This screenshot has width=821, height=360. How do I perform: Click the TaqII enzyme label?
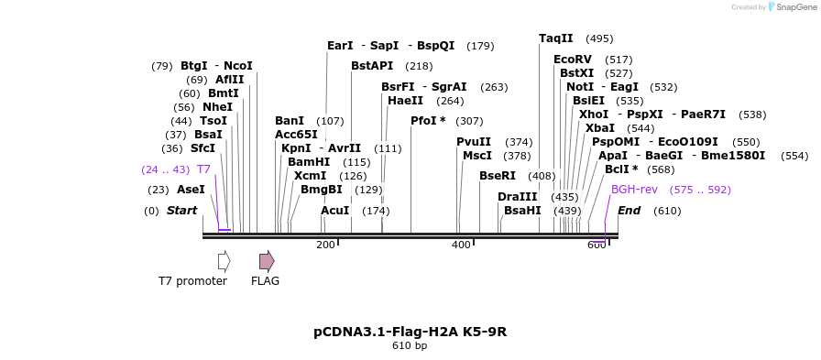click(x=555, y=38)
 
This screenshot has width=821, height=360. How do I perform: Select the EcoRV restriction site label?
click(x=573, y=60)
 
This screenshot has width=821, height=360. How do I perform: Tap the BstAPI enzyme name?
click(x=372, y=66)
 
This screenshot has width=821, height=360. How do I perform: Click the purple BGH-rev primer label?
click(x=634, y=190)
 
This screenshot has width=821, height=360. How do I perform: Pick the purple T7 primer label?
click(x=203, y=169)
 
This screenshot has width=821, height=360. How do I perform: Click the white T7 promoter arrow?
click(x=224, y=261)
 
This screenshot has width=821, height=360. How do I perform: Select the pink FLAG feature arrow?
click(x=266, y=261)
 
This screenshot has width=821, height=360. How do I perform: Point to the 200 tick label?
click(x=325, y=245)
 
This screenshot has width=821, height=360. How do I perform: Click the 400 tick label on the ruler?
click(x=461, y=245)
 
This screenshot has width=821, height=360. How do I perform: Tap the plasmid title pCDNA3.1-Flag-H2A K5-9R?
click(x=410, y=332)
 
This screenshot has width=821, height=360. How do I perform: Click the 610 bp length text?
click(x=410, y=346)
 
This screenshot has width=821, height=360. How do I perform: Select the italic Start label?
click(x=181, y=211)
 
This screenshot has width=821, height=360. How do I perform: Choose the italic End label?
click(x=629, y=211)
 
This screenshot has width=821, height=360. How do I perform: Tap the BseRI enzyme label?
click(x=498, y=176)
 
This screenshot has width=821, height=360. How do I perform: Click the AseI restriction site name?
click(x=191, y=190)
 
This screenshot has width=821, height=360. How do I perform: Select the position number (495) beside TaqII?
click(x=599, y=38)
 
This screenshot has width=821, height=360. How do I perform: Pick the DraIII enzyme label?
click(x=518, y=197)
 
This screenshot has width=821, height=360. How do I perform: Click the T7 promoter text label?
click(x=192, y=281)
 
